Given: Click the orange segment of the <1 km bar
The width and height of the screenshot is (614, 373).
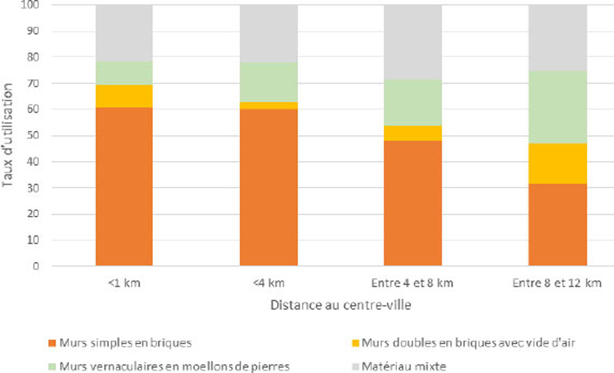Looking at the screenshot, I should pyautogui.click(x=124, y=187).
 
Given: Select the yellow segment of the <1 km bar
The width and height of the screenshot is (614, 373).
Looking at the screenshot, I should pyautogui.click(x=124, y=96).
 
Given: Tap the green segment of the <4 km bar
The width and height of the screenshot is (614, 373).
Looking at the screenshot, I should pyautogui.click(x=269, y=82).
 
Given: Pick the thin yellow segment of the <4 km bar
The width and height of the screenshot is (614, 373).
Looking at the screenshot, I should pyautogui.click(x=269, y=105).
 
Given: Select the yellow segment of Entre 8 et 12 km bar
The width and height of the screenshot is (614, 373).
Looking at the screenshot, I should pyautogui.click(x=558, y=163).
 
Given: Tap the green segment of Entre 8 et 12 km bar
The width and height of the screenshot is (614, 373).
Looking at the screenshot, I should pyautogui.click(x=558, y=107).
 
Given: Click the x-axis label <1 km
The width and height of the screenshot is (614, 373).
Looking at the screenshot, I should pyautogui.click(x=124, y=283).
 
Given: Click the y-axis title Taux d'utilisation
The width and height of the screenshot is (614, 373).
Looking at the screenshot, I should pyautogui.click(x=9, y=135).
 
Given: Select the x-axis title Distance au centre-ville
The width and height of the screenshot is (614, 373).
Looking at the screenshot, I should pyautogui.click(x=340, y=305).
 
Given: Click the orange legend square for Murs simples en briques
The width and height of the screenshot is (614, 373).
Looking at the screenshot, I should pyautogui.click(x=52, y=343).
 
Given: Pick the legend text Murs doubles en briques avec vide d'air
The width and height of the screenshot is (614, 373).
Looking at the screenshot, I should pyautogui.click(x=468, y=343).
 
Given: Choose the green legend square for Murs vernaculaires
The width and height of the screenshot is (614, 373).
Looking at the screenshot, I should pyautogui.click(x=52, y=366).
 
